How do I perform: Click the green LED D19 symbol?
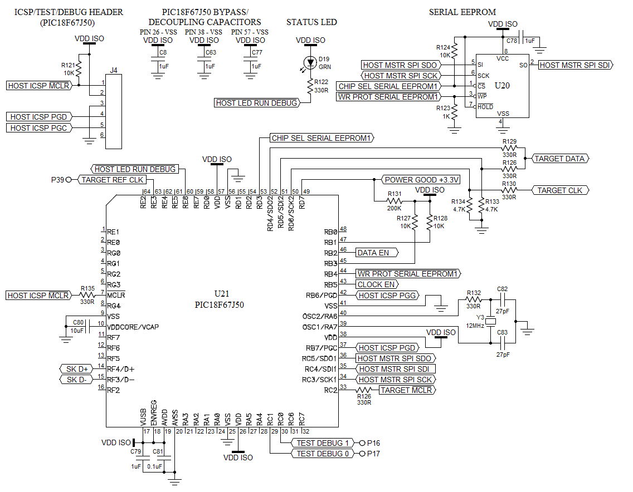click(x=310, y=62)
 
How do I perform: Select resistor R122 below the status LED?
click(x=310, y=86)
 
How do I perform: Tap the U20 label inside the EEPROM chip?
click(x=502, y=86)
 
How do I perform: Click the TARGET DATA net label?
click(x=560, y=159)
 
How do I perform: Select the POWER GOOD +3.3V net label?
click(x=422, y=180)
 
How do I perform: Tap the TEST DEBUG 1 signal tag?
click(x=323, y=443)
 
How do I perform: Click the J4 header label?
click(x=114, y=70)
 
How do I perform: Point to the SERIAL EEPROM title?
click(x=462, y=12)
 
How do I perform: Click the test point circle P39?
click(x=69, y=180)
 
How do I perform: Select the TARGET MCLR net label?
click(x=406, y=390)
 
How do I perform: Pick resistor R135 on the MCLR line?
click(x=87, y=295)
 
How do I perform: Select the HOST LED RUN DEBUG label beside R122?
click(x=256, y=103)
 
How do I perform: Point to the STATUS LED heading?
click(x=311, y=22)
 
